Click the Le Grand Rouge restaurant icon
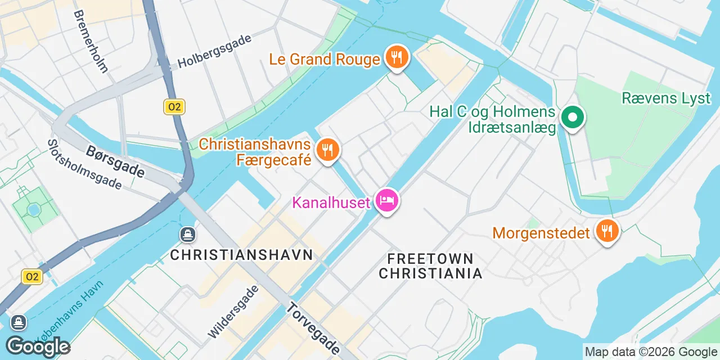[397, 57]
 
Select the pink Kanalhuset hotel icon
[387, 200]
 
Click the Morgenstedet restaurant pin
[606, 231]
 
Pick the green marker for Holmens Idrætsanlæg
[573, 118]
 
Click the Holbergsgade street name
[214, 51]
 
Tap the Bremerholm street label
[90, 42]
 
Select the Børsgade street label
[116, 160]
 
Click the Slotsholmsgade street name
[84, 164]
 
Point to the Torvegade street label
[313, 328]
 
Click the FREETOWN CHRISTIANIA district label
[430, 266]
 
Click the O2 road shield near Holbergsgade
[174, 107]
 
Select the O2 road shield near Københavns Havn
[32, 277]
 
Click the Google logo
[38, 346]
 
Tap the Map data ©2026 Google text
[651, 352]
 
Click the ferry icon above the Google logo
[19, 322]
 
